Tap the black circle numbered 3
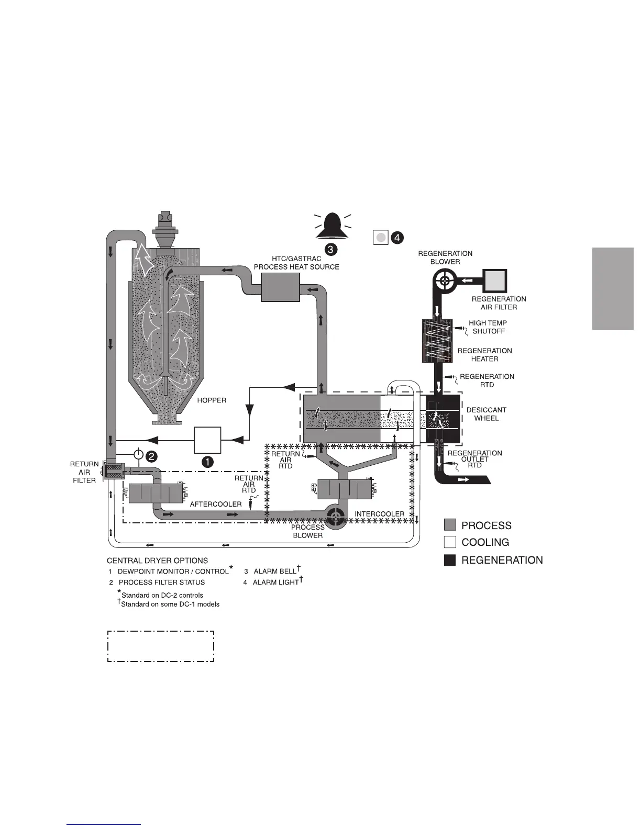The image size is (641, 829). [x=331, y=250]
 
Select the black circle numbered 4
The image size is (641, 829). [x=398, y=238]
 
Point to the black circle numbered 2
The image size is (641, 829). [x=150, y=456]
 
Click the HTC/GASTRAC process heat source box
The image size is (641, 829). [x=281, y=287]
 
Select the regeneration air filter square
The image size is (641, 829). [x=495, y=281]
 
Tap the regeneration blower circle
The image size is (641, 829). [x=445, y=281]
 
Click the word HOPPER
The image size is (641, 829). [x=212, y=400]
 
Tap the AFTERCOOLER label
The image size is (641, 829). [x=216, y=504]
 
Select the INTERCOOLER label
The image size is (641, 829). [x=380, y=514]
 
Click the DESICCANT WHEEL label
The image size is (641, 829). [x=487, y=414]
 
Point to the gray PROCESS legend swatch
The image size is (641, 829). [x=450, y=525]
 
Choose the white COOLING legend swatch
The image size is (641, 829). [x=450, y=542]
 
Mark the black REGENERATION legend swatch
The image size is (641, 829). [x=450, y=560]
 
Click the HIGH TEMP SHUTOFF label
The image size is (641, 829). [x=488, y=327]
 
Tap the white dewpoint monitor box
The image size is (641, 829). [x=208, y=440]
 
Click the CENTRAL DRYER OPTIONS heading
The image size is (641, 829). [x=157, y=561]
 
